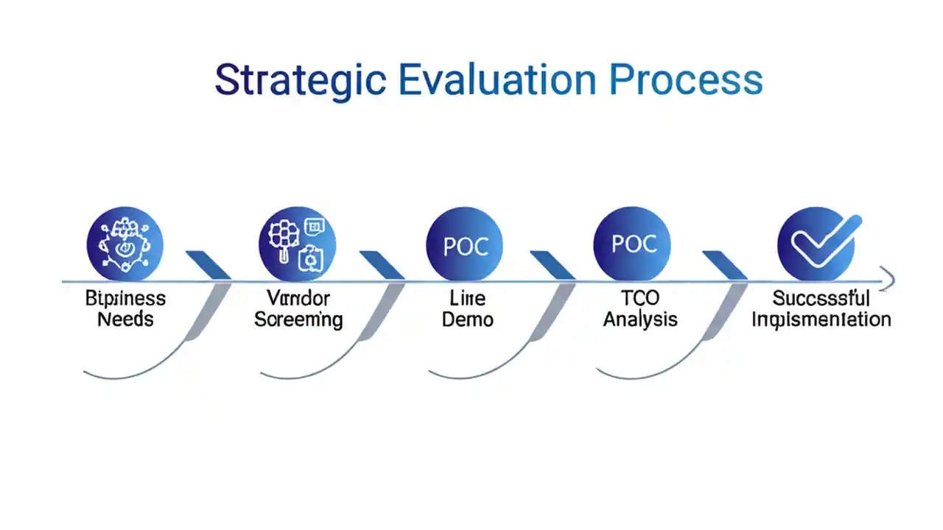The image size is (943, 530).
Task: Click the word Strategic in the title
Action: (300, 79)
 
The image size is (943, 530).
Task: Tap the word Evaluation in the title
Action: (497, 79)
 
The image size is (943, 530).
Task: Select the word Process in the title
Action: (687, 79)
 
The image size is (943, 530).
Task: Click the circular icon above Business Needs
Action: (125, 244)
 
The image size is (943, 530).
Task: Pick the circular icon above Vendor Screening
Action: (297, 244)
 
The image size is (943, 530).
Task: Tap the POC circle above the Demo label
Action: (464, 245)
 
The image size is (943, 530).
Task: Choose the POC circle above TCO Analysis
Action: (631, 244)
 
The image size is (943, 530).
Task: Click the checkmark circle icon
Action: (816, 244)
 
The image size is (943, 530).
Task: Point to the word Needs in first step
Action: (125, 320)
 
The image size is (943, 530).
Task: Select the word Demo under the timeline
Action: (467, 320)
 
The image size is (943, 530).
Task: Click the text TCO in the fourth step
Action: (640, 299)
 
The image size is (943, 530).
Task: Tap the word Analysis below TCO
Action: (640, 320)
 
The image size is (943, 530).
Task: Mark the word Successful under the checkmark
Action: (821, 299)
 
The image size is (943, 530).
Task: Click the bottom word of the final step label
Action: (821, 320)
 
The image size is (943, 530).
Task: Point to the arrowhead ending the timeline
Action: (888, 280)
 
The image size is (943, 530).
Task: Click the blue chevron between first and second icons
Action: (208, 265)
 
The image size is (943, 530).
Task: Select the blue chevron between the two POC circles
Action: (553, 265)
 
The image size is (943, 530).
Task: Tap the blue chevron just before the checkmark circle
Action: (725, 265)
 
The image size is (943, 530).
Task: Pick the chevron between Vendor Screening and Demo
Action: (382, 265)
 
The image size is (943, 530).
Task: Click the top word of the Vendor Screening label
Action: (298, 299)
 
